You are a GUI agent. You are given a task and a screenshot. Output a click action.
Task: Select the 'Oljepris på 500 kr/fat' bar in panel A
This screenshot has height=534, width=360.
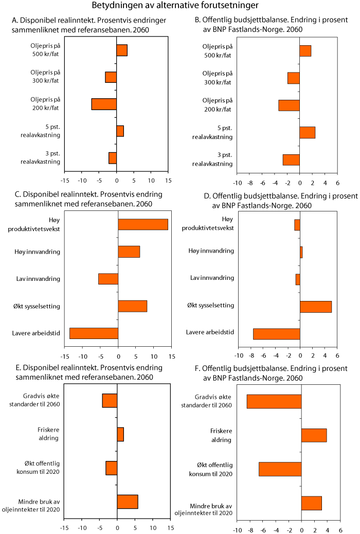tap(122, 50)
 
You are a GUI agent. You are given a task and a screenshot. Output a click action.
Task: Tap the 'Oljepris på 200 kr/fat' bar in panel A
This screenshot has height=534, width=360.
tap(104, 104)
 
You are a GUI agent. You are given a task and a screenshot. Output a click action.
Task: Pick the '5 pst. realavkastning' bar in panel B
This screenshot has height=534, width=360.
tap(307, 132)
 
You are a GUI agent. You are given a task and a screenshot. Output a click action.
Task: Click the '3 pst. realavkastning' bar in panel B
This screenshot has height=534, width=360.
tap(291, 160)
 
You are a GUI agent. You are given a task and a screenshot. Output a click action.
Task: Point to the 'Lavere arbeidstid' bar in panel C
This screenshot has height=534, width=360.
tap(94, 333)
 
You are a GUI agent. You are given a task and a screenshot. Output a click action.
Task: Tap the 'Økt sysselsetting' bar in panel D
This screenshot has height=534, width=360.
tap(316, 307)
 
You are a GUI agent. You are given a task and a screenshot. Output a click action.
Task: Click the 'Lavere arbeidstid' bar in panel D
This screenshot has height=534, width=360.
tap(277, 334)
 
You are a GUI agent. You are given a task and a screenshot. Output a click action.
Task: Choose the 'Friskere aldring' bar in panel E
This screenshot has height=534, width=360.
tap(120, 434)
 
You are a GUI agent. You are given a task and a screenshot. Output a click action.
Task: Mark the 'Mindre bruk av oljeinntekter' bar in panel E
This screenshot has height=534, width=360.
tap(128, 502)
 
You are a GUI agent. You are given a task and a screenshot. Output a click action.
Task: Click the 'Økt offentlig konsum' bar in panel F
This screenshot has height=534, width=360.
tap(280, 469)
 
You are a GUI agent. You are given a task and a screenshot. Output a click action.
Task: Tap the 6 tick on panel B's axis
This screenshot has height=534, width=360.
tap(337, 183)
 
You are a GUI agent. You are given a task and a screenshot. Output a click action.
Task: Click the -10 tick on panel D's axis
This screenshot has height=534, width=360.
tap(239, 356)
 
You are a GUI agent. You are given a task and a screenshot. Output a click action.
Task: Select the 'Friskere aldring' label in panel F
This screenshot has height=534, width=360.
tap(220, 435)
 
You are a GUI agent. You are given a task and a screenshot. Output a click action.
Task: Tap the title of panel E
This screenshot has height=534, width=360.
tap(88, 372)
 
